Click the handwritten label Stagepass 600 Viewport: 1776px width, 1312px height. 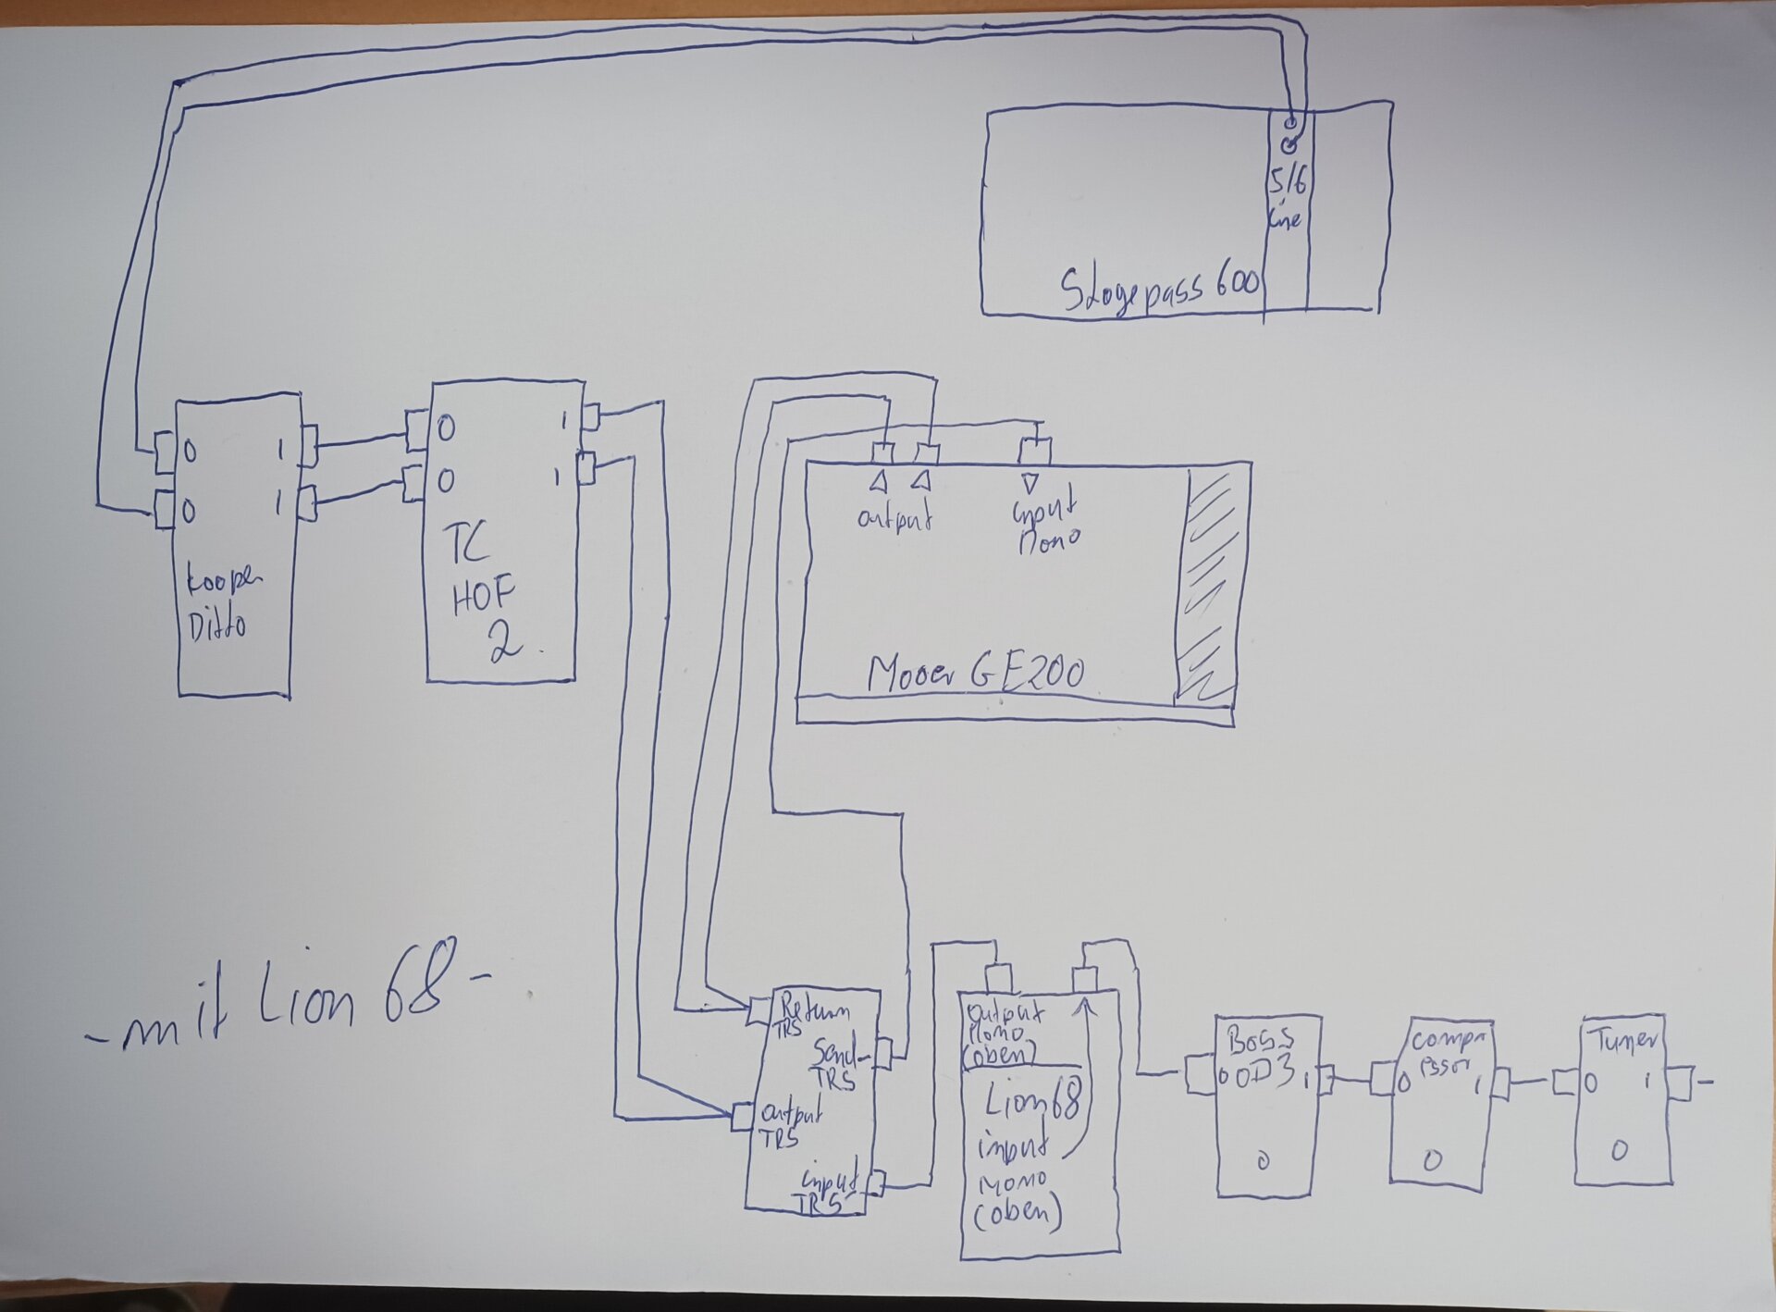point(1159,288)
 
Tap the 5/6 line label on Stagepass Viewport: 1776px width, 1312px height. point(1287,199)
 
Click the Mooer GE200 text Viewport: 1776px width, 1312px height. point(975,673)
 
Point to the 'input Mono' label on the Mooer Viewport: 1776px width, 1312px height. point(1047,522)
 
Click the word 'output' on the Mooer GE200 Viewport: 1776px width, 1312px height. point(894,517)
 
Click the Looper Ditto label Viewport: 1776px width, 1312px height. point(222,602)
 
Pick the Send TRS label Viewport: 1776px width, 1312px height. point(836,1064)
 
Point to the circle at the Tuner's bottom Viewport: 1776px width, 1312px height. point(1619,1150)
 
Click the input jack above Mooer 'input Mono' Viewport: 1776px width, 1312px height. point(1035,452)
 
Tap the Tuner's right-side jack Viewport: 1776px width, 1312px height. point(1679,1083)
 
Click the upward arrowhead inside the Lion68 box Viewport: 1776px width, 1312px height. point(1089,1007)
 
